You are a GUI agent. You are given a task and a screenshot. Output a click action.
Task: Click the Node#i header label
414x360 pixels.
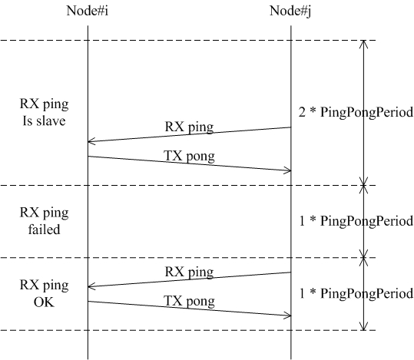[x=88, y=11]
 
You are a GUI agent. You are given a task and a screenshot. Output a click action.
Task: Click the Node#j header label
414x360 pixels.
[x=290, y=12]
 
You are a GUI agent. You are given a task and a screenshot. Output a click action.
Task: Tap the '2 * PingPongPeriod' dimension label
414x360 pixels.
[x=356, y=112]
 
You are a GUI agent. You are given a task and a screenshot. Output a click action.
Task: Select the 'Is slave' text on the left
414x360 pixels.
[x=44, y=121]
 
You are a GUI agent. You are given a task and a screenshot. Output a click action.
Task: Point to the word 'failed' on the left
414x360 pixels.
[x=44, y=229]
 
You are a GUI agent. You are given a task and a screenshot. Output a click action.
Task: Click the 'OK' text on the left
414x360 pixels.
[x=44, y=302]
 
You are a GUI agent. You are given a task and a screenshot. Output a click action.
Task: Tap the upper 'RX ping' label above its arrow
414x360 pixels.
[x=189, y=127]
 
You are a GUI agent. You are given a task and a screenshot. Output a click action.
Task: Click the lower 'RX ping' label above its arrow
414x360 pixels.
[x=189, y=272]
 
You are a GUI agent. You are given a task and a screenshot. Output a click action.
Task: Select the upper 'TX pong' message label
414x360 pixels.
[x=189, y=156]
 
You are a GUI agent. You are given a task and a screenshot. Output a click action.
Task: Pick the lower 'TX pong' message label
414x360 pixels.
[x=189, y=301]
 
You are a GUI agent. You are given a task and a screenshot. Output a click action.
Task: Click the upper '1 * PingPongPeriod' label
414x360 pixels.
[x=356, y=221]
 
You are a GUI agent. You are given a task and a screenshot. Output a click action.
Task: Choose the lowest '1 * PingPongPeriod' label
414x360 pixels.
[x=356, y=293]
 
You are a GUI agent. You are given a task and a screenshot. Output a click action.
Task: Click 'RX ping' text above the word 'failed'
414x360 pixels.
[x=44, y=213]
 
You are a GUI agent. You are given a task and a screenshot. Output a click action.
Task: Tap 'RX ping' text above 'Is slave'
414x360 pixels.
[x=44, y=104]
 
